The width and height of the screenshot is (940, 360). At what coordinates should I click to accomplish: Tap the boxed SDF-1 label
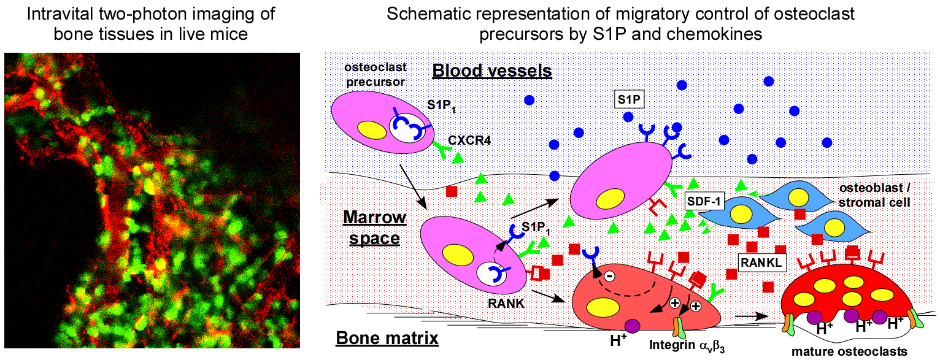(703, 201)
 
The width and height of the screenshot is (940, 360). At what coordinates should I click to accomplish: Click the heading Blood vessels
(492, 71)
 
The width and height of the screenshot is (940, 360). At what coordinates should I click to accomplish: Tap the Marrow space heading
(374, 226)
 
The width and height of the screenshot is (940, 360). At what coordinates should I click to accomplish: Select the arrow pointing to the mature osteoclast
(752, 316)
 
